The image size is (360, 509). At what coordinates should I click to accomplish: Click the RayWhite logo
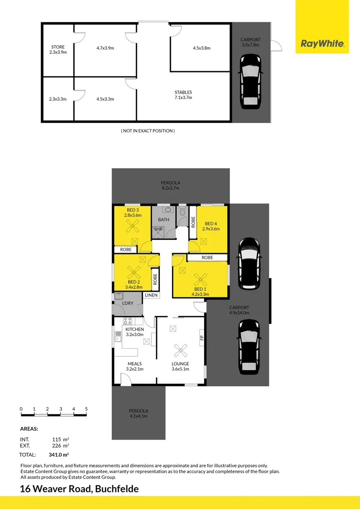click(x=322, y=44)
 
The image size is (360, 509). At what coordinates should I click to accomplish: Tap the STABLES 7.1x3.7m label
click(x=183, y=95)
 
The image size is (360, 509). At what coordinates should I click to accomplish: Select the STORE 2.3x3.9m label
click(x=58, y=49)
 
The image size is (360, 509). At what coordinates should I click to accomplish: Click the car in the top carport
click(x=251, y=81)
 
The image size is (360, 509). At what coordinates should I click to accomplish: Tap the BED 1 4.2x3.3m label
click(x=200, y=292)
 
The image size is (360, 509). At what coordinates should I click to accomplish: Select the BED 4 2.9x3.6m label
click(x=211, y=226)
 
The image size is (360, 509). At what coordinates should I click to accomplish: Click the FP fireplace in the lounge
click(x=202, y=338)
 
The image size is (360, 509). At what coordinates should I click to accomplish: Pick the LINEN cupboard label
click(x=151, y=295)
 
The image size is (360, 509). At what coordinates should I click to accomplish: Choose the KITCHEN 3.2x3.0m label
click(x=134, y=332)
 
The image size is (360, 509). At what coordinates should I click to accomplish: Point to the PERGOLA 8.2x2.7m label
click(x=171, y=185)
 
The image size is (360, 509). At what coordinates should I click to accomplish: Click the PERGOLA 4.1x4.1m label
click(x=138, y=413)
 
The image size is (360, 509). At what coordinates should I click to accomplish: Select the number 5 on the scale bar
click(x=86, y=409)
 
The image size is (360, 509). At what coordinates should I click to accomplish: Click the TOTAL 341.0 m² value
click(x=59, y=455)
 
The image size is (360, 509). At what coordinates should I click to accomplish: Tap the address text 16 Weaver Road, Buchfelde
click(x=79, y=489)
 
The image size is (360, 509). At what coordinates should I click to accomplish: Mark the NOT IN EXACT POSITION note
click(x=147, y=131)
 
